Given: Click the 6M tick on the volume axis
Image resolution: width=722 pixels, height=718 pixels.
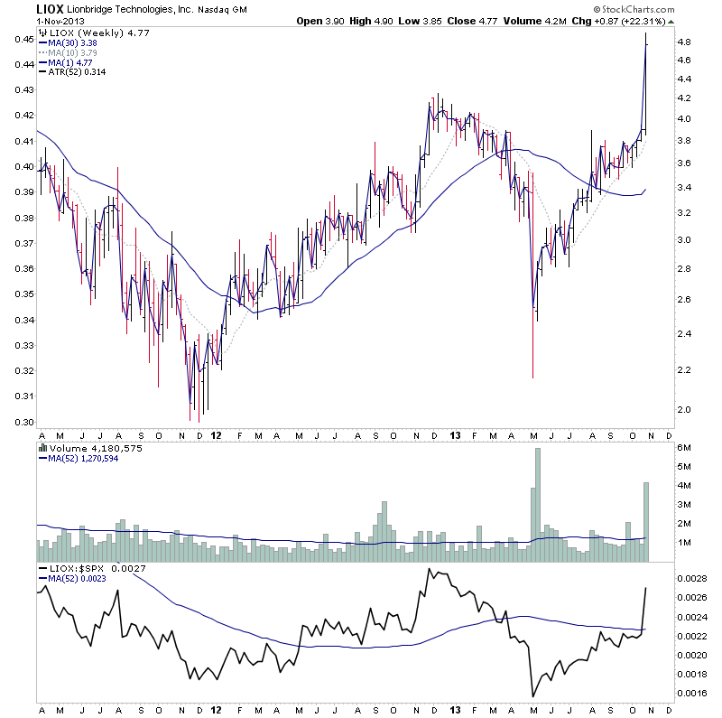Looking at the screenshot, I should pyautogui.click(x=685, y=449).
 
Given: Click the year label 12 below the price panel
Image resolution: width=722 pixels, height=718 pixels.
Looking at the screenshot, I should pyautogui.click(x=216, y=434).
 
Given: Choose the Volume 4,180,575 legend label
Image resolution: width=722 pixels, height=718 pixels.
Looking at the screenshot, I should pyautogui.click(x=84, y=447).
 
